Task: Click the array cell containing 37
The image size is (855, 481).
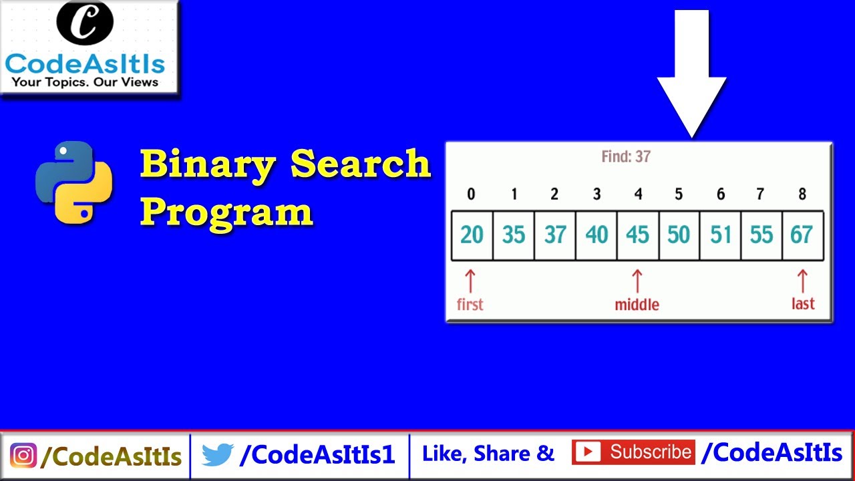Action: pos(554,235)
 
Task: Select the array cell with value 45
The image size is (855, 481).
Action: pos(637,235)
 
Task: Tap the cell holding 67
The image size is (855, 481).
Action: pos(802,235)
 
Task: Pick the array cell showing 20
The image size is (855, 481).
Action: pos(472,235)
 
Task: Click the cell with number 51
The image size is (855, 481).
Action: pos(720,235)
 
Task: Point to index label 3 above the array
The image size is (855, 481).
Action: pos(596,194)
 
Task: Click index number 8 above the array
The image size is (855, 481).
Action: pos(802,194)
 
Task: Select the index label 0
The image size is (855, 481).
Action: pos(471,194)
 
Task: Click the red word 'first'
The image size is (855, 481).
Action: pos(470,305)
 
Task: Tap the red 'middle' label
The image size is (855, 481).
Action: pos(637,305)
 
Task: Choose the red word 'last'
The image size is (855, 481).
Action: pos(803,304)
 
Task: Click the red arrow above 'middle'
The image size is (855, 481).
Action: pos(637,281)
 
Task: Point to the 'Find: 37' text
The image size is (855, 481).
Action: pos(626,157)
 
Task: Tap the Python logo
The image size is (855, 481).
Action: pos(74,182)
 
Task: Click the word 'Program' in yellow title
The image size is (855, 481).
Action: pos(226,212)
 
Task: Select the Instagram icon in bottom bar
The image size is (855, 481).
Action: pos(23,456)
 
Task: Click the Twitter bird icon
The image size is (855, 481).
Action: pos(216,456)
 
